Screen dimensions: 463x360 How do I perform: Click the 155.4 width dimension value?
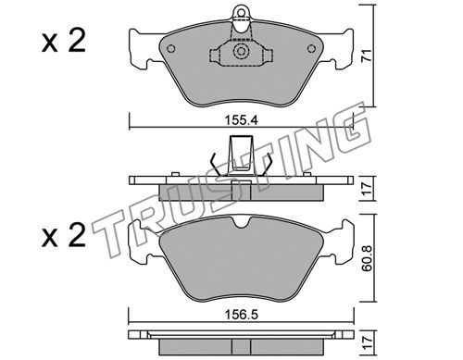click(241, 120)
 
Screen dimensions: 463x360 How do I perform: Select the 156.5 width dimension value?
click(241, 315)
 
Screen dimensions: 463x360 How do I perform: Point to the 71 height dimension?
click(367, 56)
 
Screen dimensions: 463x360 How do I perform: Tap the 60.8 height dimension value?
click(367, 258)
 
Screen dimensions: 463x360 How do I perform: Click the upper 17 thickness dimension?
click(367, 189)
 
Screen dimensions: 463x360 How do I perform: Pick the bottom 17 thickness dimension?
click(367, 342)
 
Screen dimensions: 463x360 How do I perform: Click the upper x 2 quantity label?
click(64, 41)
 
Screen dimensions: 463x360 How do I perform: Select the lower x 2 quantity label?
click(64, 236)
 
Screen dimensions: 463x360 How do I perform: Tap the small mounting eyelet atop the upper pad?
click(241, 12)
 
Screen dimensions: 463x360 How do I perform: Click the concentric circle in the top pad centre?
click(241, 51)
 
